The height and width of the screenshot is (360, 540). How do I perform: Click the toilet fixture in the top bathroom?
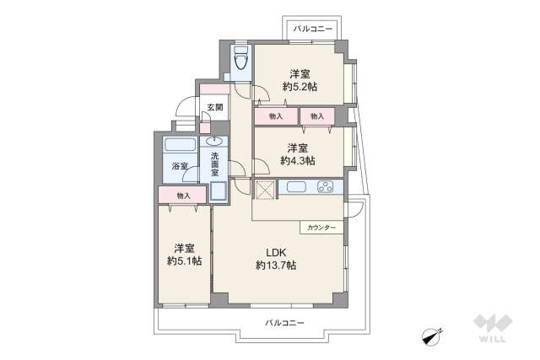click(x=240, y=59)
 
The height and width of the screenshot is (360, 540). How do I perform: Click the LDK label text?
click(x=276, y=251)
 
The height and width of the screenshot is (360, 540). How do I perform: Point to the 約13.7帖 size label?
click(x=276, y=265)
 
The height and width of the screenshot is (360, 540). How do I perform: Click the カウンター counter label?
click(x=321, y=228)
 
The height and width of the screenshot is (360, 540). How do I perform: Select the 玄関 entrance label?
click(x=214, y=107)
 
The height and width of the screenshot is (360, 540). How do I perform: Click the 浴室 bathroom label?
click(x=180, y=167)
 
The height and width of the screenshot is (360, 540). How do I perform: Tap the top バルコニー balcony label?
click(x=314, y=30)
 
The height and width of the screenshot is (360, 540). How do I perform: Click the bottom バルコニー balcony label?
click(x=283, y=323)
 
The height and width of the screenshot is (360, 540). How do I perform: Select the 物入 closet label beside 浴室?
click(x=183, y=196)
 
